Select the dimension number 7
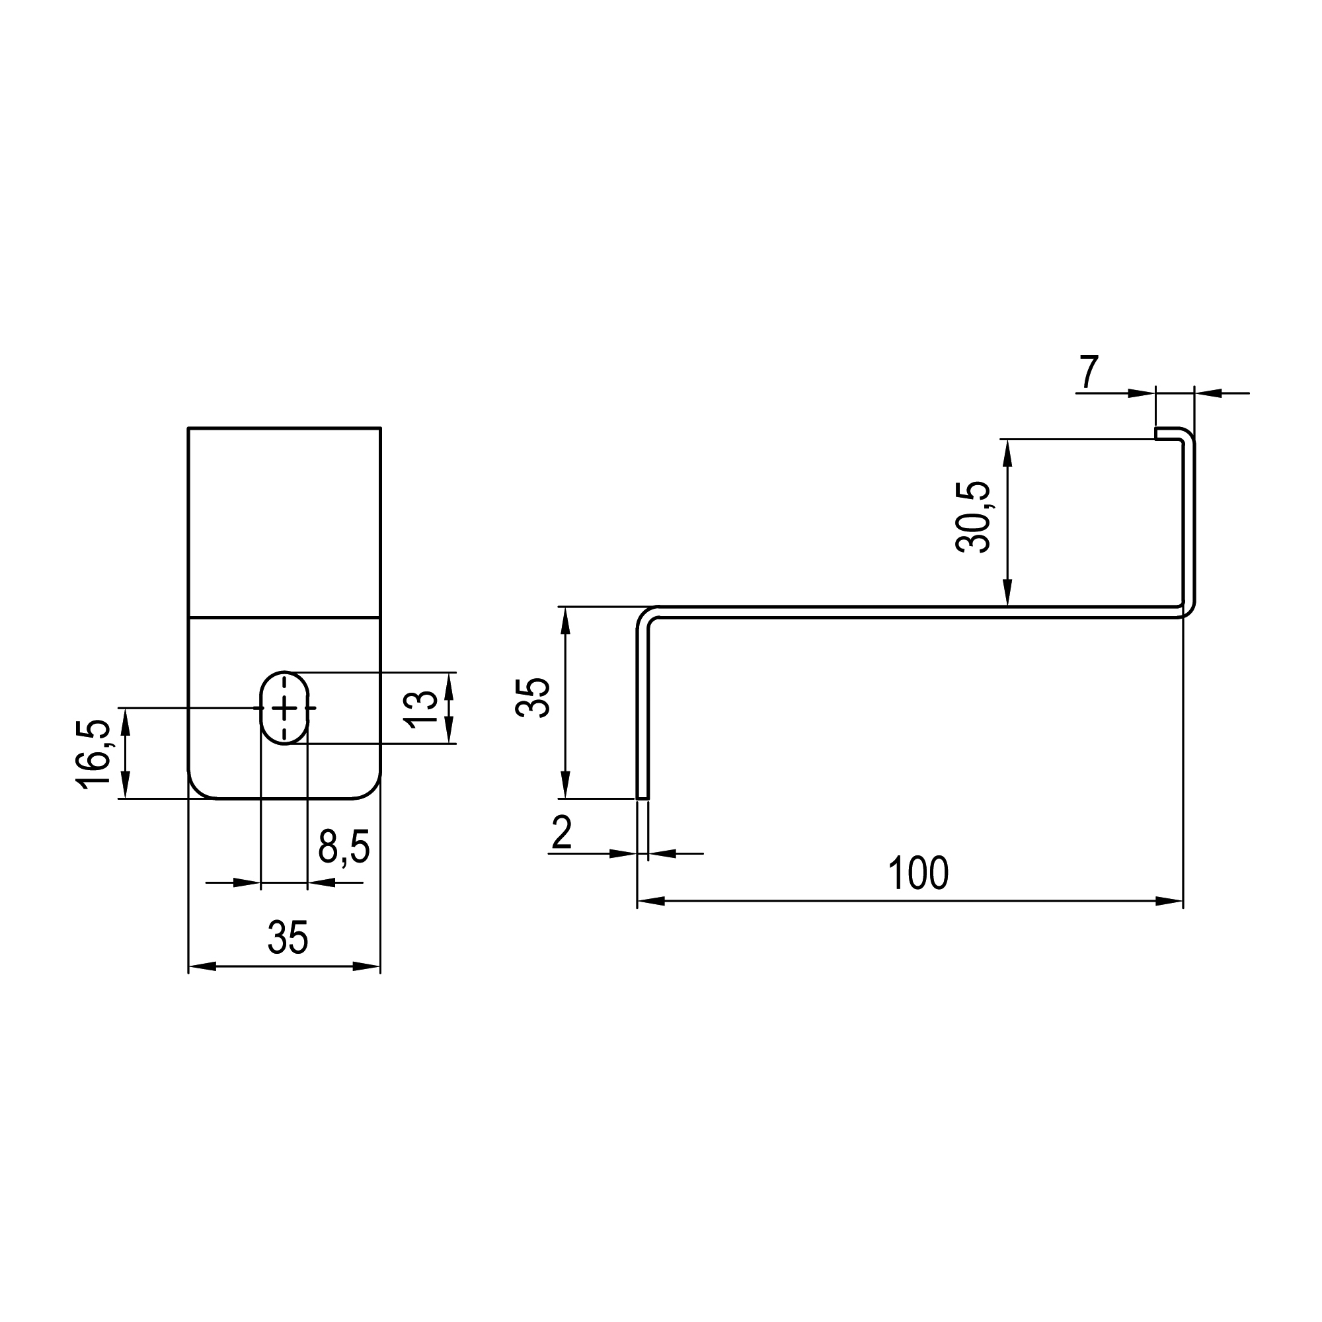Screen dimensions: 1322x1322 click(1089, 372)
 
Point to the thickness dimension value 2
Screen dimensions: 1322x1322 click(561, 833)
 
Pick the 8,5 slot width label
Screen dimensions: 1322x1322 click(344, 847)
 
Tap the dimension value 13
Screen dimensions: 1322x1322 click(420, 708)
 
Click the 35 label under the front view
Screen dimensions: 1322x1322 click(288, 937)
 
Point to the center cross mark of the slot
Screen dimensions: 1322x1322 click(285, 708)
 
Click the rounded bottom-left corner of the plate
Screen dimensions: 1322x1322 click(197, 789)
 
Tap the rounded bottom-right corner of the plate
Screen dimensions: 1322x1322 click(372, 789)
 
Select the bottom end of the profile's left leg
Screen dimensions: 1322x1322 click(643, 796)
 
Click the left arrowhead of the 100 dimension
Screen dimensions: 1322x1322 click(650, 901)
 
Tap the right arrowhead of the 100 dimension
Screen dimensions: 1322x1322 click(1169, 901)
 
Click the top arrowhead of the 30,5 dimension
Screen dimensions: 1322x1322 click(1007, 453)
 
